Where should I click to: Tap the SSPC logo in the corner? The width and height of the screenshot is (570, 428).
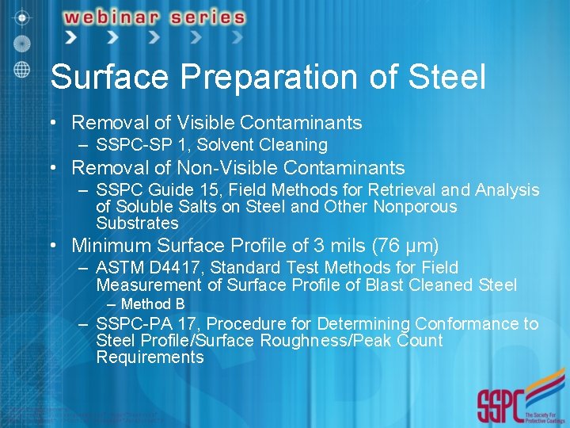point(518,403)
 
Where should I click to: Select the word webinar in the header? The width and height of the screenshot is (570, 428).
point(111,17)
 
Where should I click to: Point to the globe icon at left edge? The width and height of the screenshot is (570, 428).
point(21,68)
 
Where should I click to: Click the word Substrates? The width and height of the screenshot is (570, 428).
point(137,223)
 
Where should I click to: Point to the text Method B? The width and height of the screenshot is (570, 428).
point(153,304)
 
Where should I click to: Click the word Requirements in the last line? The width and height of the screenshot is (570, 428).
point(150,357)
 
